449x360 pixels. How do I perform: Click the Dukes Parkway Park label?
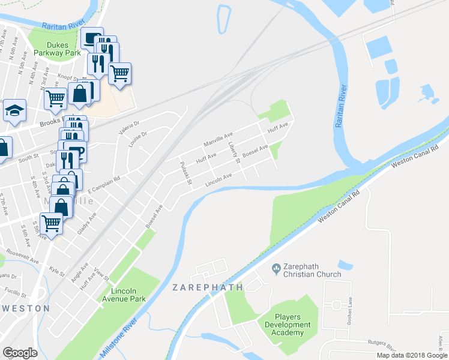pos(65,48)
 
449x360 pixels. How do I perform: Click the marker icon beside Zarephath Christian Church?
pos(276,267)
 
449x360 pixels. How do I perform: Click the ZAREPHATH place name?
pos(208,287)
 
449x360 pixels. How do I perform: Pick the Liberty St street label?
pos(234,154)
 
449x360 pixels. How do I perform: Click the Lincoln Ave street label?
pos(219,178)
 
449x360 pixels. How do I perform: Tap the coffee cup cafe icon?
pos(91,38)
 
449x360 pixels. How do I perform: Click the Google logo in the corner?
pos(20,353)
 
